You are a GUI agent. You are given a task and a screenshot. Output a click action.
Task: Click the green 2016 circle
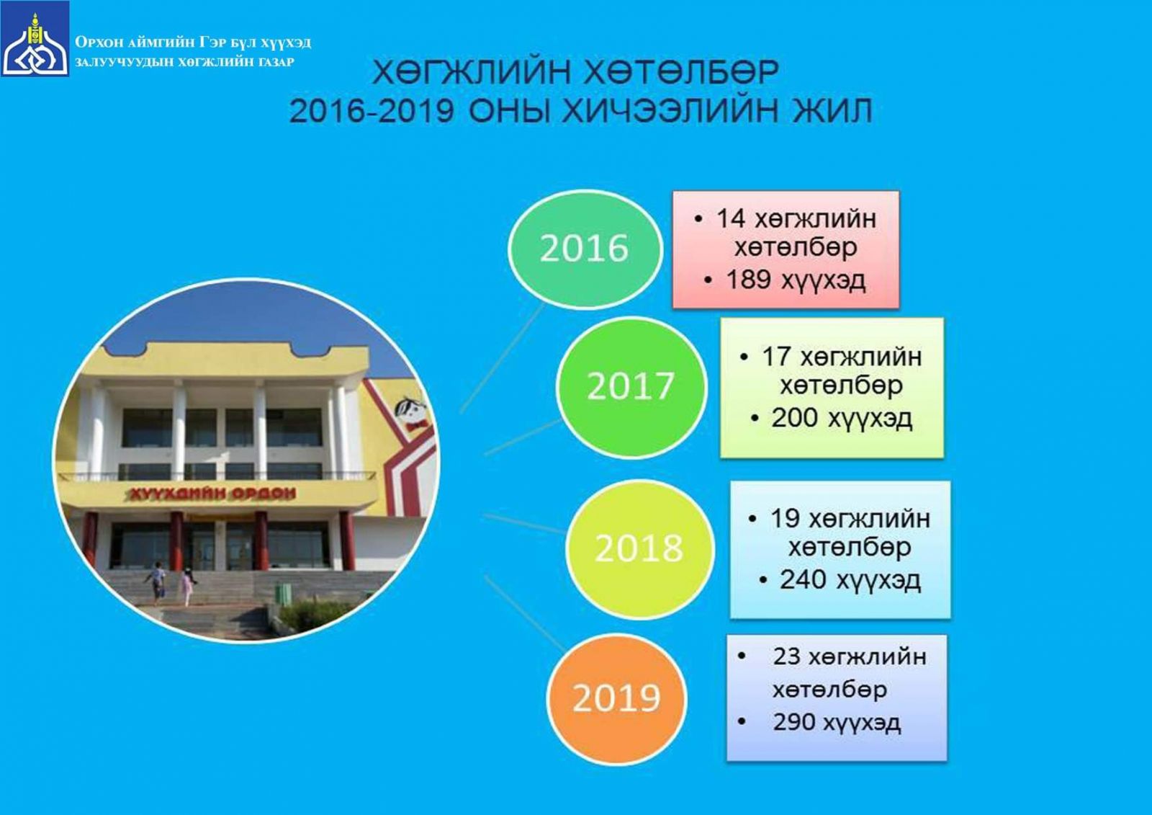585,249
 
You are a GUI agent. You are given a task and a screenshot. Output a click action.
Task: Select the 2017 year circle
631,386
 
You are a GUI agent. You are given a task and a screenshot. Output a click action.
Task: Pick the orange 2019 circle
616,698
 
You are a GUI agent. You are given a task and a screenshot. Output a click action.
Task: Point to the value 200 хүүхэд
842,419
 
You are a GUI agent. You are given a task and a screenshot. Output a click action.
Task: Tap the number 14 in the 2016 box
731,219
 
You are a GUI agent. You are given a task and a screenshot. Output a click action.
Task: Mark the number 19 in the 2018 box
785,518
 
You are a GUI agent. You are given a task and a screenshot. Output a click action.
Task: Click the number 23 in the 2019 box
787,657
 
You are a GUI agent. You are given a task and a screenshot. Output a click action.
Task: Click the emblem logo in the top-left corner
35,39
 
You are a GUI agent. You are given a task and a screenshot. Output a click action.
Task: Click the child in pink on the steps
188,587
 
